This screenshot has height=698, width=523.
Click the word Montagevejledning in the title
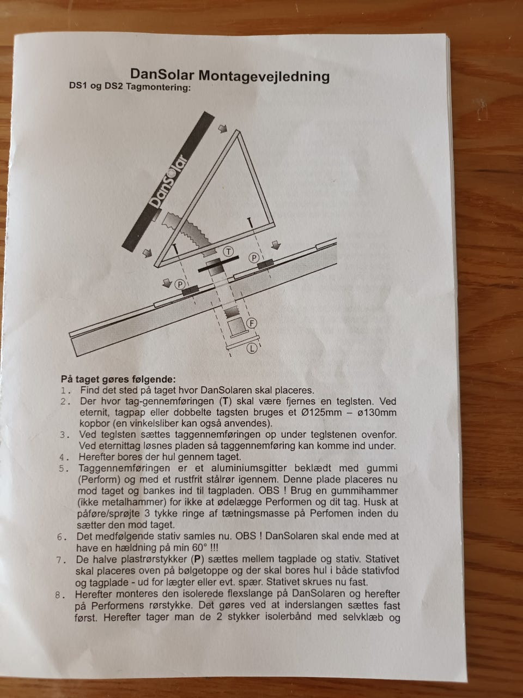click(264, 77)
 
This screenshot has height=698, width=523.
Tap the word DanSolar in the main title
click(162, 74)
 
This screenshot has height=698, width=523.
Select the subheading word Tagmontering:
click(158, 87)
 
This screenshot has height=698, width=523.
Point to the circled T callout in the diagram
click(228, 252)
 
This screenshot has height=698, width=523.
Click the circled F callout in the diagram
click(252, 323)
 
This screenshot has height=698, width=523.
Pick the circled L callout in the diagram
click(252, 348)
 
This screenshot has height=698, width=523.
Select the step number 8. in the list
click(60, 595)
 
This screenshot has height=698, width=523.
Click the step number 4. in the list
click(64, 458)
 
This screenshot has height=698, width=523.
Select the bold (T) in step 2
click(225, 401)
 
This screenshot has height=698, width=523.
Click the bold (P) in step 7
click(197, 559)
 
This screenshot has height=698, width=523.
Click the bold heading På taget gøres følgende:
click(118, 380)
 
